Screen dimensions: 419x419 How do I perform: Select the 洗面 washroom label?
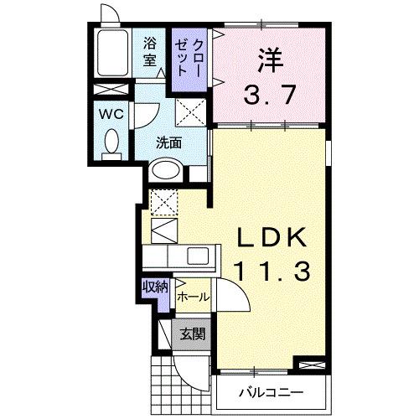click(168, 142)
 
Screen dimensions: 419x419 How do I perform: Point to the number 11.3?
click(272, 271)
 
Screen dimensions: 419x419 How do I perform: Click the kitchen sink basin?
click(199, 256)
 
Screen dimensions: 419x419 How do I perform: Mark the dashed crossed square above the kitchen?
click(163, 201)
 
